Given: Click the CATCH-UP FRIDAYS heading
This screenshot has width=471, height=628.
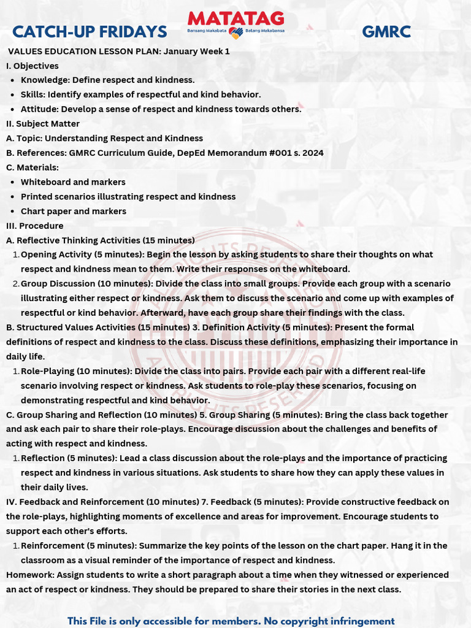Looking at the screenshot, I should (x=90, y=32).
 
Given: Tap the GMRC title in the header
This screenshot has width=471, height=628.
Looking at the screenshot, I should (x=386, y=32).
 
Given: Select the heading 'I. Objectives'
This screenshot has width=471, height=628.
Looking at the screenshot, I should (x=33, y=66).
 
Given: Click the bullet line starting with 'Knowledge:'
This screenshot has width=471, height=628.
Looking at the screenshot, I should (x=107, y=80).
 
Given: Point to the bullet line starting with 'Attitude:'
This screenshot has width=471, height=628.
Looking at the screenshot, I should (x=161, y=109).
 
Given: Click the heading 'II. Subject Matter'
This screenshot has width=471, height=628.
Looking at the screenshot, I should (x=43, y=124).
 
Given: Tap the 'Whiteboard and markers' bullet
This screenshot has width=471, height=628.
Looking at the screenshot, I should (x=73, y=182).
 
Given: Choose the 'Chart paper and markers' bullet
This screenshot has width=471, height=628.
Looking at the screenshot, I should (x=74, y=211).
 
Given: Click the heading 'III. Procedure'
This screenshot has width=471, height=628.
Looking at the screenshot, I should (x=35, y=226).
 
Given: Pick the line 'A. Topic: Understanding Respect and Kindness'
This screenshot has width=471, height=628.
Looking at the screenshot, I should (x=104, y=138).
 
